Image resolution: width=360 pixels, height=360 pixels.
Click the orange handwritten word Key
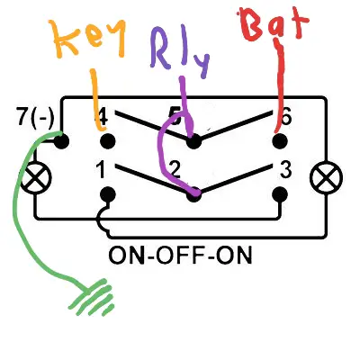89,37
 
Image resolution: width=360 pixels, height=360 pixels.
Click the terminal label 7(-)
36,117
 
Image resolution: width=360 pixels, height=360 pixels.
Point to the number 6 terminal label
284,117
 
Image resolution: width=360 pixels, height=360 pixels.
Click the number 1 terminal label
102,169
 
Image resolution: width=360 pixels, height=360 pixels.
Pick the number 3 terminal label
285,169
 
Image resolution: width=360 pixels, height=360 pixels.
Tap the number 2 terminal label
175,170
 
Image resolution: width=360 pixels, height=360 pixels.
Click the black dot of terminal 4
107,141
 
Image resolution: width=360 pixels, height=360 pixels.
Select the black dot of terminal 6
280,141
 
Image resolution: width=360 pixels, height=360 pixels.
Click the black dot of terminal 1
107,195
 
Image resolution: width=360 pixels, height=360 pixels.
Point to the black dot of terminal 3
280,195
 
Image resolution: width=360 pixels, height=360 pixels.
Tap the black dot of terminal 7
61,141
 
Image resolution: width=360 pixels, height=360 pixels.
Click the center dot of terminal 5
193,141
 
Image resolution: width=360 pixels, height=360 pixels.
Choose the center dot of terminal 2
193,195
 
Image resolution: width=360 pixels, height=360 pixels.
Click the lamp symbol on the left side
36,178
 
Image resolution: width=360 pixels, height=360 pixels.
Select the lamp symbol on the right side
326,178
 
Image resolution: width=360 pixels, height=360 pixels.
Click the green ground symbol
93,297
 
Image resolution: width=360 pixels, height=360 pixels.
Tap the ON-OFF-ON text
180,256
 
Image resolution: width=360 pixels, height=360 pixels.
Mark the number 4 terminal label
102,118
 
